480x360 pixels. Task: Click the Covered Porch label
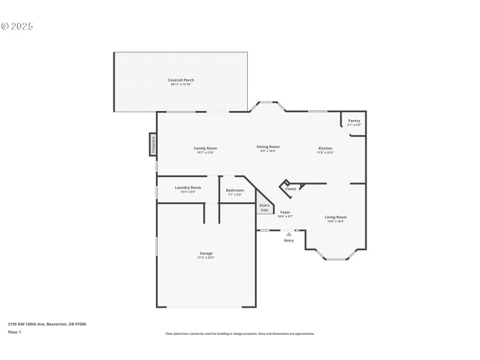(181, 80)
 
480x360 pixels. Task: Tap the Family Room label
(205, 148)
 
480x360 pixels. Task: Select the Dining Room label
(268, 146)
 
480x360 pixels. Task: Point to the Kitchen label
(325, 148)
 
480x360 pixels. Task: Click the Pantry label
(354, 121)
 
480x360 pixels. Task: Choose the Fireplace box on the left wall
(153, 145)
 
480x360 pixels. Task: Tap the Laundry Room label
(188, 187)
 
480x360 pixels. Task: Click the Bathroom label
(235, 190)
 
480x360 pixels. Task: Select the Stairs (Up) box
(264, 207)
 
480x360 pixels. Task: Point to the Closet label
(290, 189)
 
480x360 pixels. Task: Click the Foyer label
(285, 212)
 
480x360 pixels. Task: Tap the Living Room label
(335, 217)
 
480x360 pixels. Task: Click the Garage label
(206, 253)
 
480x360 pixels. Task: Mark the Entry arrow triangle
(289, 234)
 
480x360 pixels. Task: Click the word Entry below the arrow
(289, 241)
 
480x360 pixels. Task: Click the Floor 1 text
(14, 332)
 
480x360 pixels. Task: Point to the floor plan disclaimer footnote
(239, 334)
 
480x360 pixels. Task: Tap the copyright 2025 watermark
(17, 26)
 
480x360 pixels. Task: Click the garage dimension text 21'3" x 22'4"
(206, 257)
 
